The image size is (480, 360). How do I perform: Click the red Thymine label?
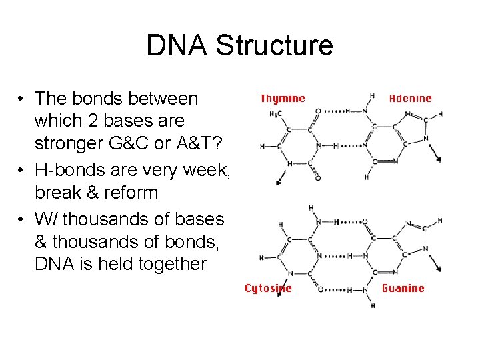[283, 99]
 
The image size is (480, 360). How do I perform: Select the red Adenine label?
[410, 99]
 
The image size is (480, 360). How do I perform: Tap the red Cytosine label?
[268, 289]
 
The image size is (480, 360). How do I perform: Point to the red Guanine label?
[403, 289]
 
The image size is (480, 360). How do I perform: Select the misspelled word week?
[209, 171]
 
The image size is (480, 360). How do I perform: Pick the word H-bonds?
[68, 171]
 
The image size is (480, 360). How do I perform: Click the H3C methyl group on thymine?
[273, 113]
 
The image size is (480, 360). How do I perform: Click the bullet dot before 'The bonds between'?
[22, 99]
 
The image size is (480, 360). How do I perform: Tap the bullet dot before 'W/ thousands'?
[22, 219]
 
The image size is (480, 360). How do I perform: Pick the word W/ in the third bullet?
[46, 219]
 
